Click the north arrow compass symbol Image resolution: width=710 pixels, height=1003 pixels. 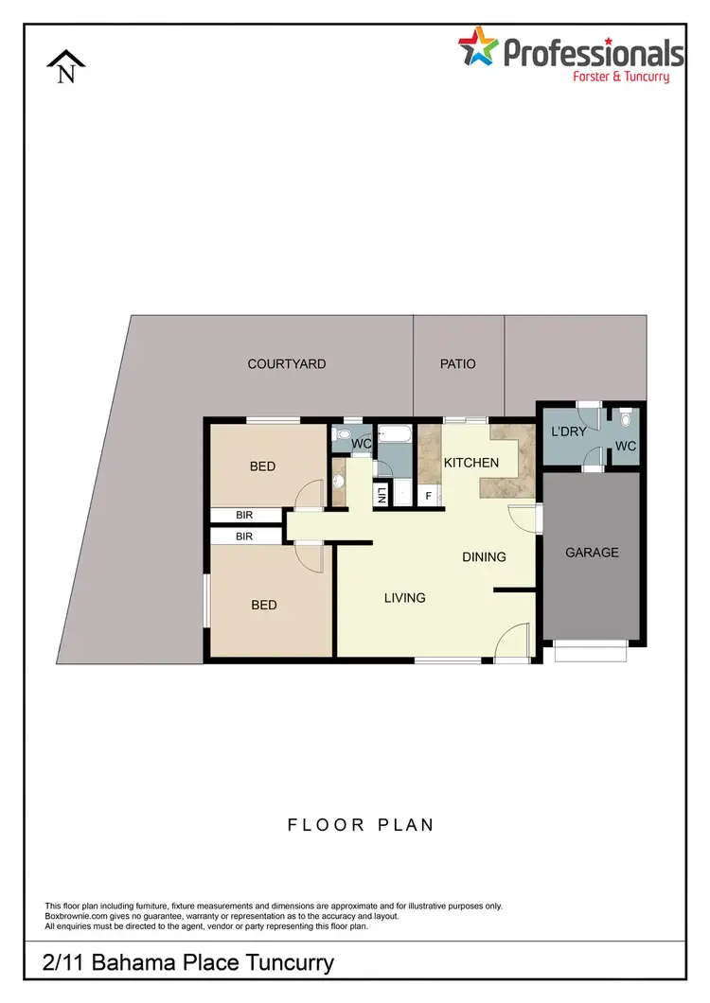coord(66,67)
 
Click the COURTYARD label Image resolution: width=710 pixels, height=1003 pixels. coord(286,363)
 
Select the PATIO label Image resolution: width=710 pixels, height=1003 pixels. coord(458,363)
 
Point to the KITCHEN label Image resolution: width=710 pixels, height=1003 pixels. coord(470,463)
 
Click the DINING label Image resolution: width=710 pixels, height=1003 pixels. coord(484,556)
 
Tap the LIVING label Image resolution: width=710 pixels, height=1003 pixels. coord(404,597)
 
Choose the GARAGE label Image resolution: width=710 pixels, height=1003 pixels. coord(592,552)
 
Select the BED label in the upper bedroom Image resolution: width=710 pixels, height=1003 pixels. coord(262,466)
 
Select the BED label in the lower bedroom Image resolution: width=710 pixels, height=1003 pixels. coord(264,604)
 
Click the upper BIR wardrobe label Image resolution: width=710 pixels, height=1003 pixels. coord(244,516)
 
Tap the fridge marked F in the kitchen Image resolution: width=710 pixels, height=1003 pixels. coord(428,495)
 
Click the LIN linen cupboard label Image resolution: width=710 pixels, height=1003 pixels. coord(382,494)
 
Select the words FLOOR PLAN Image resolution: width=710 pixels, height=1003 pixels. coord(361,824)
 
